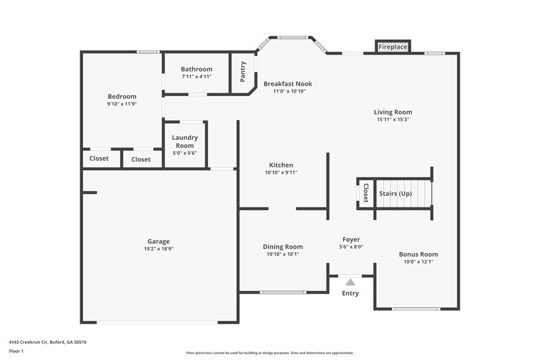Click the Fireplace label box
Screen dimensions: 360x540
(392, 47)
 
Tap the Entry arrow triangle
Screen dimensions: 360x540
(350, 282)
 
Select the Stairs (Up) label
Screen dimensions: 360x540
(396, 194)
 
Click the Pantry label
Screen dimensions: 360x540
(243, 73)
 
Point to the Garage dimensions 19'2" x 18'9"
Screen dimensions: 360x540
(159, 249)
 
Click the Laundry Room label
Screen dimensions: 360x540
(184, 142)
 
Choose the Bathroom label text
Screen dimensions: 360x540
(196, 69)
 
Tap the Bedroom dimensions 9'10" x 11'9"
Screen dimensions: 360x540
(122, 104)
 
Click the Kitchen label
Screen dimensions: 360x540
(281, 165)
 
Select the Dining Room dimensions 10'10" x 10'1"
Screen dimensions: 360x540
(282, 255)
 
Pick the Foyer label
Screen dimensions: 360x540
(351, 239)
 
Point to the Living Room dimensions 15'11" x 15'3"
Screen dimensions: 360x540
(393, 120)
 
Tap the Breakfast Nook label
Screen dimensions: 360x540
(288, 84)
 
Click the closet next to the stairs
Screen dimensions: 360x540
(365, 194)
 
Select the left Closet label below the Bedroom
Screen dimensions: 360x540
(99, 159)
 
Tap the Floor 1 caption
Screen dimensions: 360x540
(16, 352)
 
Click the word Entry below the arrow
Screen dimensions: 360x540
(350, 293)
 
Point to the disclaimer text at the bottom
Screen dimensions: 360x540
(269, 353)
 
